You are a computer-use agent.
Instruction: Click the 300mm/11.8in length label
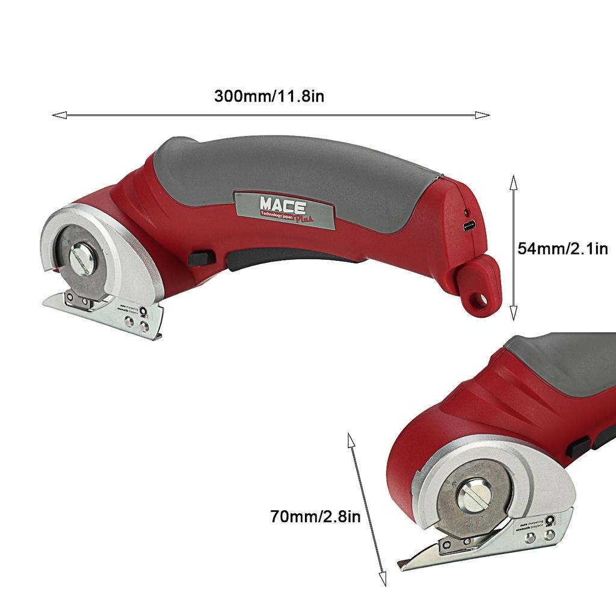click(269, 96)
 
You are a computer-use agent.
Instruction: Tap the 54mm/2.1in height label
click(563, 248)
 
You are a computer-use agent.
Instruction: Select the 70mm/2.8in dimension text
click(315, 516)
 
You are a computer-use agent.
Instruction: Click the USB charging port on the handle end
click(469, 227)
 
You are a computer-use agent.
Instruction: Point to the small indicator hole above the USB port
click(466, 212)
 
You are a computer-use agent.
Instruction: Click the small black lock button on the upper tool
click(200, 258)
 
